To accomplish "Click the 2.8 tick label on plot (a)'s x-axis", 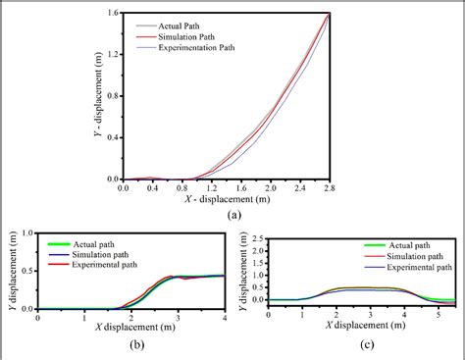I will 329,188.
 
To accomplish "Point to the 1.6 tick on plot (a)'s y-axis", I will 113,14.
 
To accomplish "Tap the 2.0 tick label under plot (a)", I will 270,188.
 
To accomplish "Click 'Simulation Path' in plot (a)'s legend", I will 192,35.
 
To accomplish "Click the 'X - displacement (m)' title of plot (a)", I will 228,200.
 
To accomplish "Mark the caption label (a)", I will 232,215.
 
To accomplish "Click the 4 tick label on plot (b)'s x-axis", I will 224,317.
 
